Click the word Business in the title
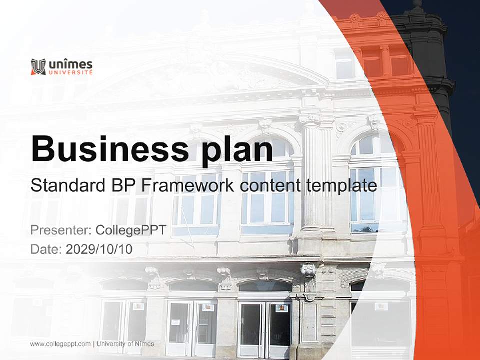pos(110,149)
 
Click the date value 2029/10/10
pos(99,249)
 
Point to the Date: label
pos(46,249)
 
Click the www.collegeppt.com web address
pos(60,344)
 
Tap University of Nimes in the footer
pos(125,344)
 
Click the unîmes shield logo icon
pos(38,67)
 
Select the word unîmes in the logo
pos(70,64)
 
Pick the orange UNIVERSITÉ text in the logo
pos(70,72)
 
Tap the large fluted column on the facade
pos(317,174)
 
